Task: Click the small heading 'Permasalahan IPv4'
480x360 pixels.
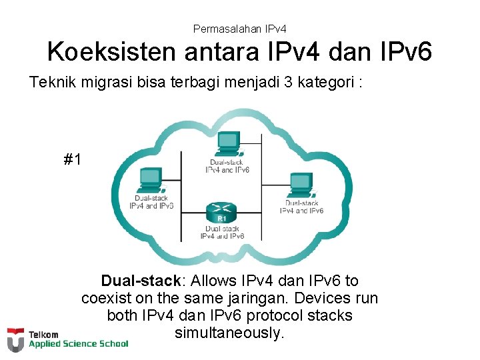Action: pyautogui.click(x=239, y=29)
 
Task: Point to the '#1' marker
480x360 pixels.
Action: pyautogui.click(x=73, y=159)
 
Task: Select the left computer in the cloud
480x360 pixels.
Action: pyautogui.click(x=150, y=178)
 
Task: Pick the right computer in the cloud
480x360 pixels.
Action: pyautogui.click(x=301, y=183)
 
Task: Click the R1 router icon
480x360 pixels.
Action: pyautogui.click(x=222, y=212)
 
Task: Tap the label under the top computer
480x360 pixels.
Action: pyautogui.click(x=227, y=165)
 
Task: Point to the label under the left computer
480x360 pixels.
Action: pyautogui.click(x=151, y=201)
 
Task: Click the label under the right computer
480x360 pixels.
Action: pyautogui.click(x=301, y=207)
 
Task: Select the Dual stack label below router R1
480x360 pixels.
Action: pyautogui.click(x=222, y=232)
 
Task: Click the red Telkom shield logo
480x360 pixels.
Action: pyautogui.click(x=15, y=340)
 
